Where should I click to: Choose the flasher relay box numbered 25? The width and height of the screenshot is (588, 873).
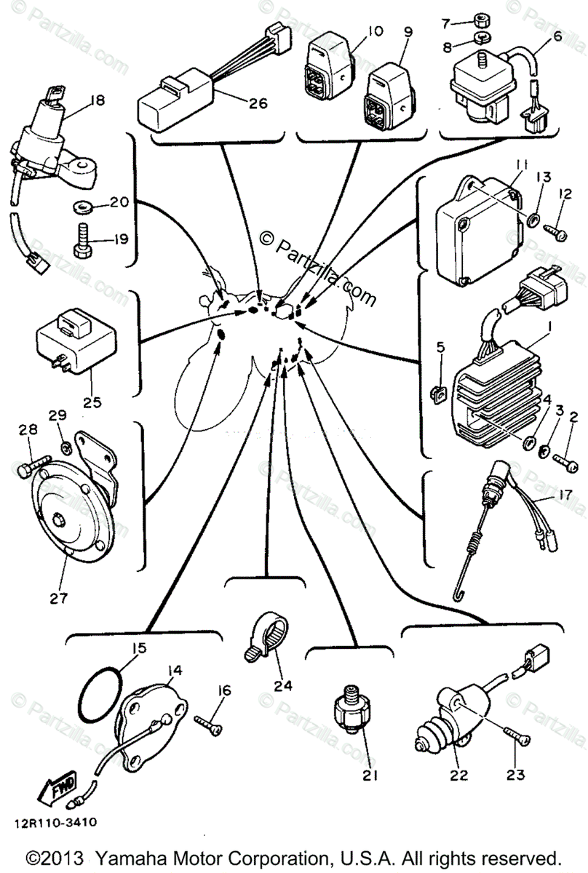click(69, 339)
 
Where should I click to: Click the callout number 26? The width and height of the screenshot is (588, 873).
click(257, 103)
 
